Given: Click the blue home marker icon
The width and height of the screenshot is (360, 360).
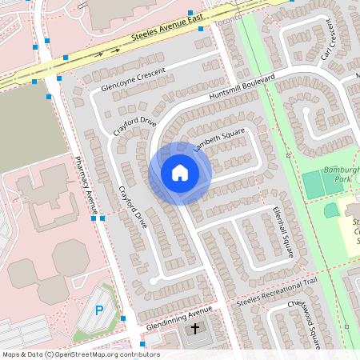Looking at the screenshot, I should click(x=180, y=173).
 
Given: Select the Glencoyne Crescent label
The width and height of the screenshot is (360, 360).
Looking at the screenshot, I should click(x=134, y=79).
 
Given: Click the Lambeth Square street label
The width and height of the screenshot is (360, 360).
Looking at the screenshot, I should click(x=218, y=138).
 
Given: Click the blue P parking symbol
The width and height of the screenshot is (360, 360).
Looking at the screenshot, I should click(x=99, y=310).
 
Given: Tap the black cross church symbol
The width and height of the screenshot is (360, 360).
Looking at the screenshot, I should click(x=194, y=329).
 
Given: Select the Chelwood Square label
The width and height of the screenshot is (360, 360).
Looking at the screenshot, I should click(x=303, y=319).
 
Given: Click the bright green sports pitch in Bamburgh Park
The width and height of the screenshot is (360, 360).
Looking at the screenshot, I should click(x=314, y=185).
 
